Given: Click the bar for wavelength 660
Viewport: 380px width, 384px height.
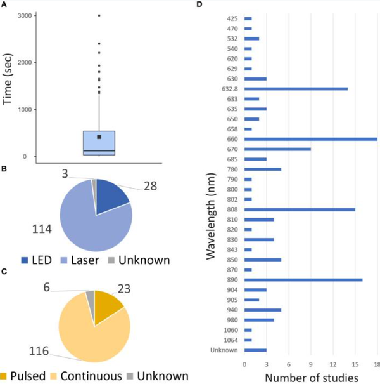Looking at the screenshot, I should (x=310, y=139).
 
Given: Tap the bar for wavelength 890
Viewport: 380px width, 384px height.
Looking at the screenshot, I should (x=303, y=280).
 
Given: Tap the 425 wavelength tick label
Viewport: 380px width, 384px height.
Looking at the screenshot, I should (x=232, y=18).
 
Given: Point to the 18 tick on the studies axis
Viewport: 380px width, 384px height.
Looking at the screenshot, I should (x=376, y=365).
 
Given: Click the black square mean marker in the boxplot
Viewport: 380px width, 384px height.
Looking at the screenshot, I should (x=99, y=136).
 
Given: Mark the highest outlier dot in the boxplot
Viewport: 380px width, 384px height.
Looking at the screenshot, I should (x=99, y=15).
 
